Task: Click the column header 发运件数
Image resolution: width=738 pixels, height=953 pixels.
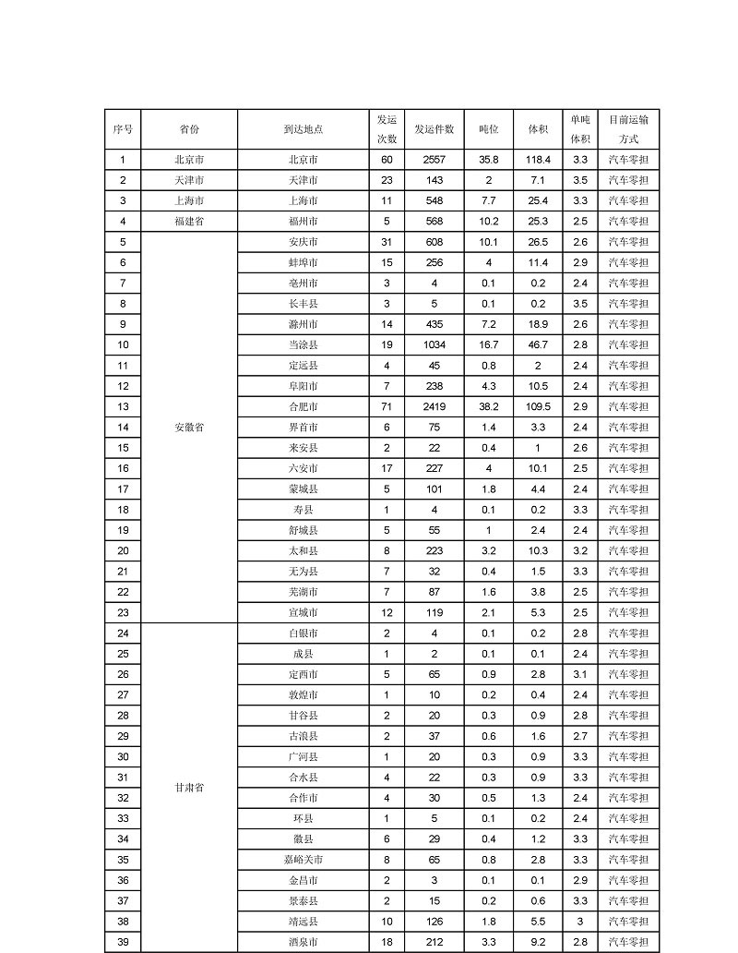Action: point(434,129)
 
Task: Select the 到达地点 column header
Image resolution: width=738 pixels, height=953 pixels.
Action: point(303,129)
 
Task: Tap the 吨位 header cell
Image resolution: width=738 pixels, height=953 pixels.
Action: point(488,129)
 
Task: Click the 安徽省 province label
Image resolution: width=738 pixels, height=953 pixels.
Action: point(189,428)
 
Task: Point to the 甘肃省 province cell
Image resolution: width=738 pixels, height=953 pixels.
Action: point(189,788)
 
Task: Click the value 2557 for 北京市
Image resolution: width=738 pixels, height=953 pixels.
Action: point(434,160)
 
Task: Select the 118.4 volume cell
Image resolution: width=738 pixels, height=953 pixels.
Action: point(539,160)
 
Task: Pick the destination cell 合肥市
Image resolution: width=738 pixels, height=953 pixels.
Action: point(303,407)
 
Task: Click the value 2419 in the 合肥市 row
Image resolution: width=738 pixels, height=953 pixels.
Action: point(434,407)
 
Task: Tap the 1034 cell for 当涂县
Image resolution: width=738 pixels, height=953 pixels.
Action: point(434,345)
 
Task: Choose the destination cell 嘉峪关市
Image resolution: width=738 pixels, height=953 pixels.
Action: point(303,860)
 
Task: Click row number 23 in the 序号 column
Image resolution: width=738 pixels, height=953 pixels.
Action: point(123,613)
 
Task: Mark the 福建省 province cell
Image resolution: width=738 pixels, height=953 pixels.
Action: point(189,222)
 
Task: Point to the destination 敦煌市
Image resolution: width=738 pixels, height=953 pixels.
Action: point(303,695)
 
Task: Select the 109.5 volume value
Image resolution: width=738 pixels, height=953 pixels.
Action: point(539,407)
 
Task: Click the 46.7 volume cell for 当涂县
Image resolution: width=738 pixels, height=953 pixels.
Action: point(539,345)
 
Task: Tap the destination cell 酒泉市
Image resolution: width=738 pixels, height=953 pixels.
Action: point(303,942)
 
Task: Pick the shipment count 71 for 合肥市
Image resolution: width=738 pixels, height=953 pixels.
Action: point(387,407)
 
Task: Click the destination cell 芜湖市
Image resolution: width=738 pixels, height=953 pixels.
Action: point(303,592)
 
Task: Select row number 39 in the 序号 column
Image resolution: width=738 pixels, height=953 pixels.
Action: point(123,942)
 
